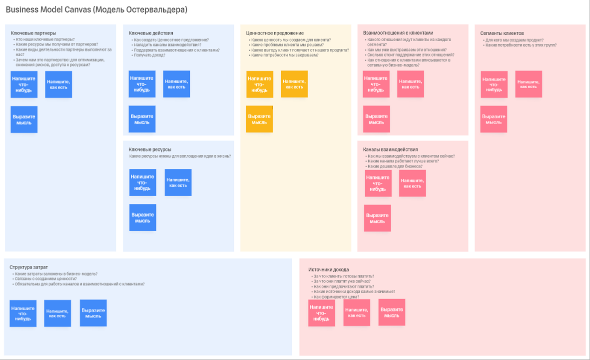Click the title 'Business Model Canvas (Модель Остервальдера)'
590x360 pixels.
96,10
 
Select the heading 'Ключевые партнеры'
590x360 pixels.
33,33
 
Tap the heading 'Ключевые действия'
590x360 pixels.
151,33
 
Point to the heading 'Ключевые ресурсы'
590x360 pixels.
150,149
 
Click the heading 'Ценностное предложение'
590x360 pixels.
275,33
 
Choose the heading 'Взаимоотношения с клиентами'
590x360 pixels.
398,33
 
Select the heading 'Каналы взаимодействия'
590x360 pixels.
390,149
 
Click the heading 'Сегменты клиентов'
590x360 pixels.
502,33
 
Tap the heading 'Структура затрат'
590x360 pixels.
29,267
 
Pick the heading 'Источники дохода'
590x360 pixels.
329,269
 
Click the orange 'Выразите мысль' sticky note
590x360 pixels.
259,119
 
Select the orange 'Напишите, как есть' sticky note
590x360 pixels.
294,84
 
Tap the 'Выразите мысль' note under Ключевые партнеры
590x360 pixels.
24,119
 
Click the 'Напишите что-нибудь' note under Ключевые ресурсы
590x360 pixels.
142,182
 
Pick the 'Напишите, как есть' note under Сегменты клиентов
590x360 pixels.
529,84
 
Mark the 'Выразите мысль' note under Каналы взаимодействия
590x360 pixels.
377,218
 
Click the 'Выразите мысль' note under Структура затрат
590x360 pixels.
93,313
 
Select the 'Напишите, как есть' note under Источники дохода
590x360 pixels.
357,312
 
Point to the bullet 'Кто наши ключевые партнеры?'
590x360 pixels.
45,39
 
